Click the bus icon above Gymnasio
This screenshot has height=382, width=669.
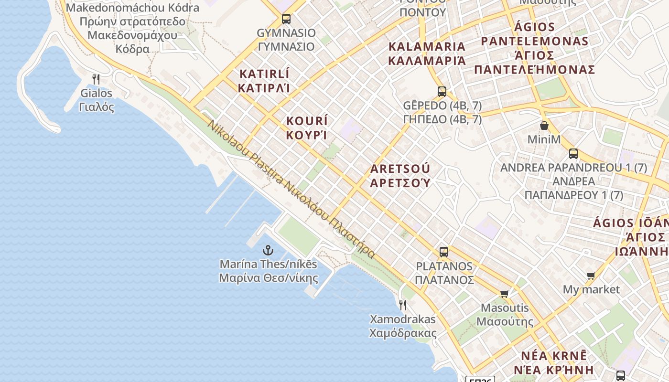pos(286,19)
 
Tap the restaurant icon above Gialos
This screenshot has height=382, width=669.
pos(96,79)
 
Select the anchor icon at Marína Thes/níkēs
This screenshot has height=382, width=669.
pos(268,250)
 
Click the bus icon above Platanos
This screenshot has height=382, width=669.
pos(444,252)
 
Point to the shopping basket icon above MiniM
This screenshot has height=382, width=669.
pos(544,126)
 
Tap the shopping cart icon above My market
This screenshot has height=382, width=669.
pos(591,276)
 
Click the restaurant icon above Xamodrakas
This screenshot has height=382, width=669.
pos(403,305)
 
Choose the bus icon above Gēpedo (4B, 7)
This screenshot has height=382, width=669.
pos(442,91)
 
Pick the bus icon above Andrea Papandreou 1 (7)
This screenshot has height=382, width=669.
pos(573,154)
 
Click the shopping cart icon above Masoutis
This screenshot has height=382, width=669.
pos(505,294)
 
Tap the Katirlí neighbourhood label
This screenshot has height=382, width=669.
pos(264,81)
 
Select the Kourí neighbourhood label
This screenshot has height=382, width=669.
pos(307,127)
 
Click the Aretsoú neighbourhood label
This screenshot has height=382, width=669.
pos(400,176)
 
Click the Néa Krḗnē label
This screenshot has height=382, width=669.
pos(553,363)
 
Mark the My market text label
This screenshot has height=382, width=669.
pos(591,289)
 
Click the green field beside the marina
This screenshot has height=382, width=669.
pos(299,235)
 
